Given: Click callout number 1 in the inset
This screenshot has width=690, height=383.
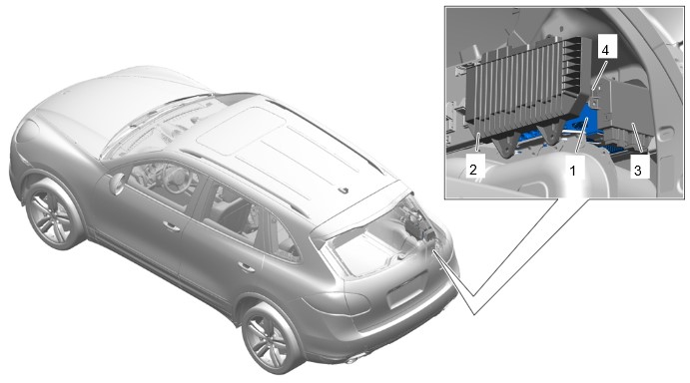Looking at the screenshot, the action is tap(572, 171).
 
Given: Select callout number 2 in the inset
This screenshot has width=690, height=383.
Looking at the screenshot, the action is tap(473, 169).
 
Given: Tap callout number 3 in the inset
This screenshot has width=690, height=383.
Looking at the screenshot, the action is tap(638, 171).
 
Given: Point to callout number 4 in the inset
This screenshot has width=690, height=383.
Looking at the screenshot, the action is tap(605, 50).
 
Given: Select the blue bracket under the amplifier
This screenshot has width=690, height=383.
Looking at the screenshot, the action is tap(582, 123).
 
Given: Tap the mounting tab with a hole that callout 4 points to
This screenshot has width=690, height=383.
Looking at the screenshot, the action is tap(593, 101).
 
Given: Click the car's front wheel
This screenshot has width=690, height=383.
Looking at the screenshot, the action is tap(54, 215).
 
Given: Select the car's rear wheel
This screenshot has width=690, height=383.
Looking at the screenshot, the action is tap(268, 337).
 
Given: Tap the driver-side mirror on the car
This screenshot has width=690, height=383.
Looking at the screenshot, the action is tap(118, 184).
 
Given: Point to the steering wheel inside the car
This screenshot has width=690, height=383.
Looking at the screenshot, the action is tap(174, 180).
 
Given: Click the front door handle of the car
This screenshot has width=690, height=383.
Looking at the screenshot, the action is tap(171, 226).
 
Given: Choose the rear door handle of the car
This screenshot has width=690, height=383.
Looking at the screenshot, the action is tap(246, 266).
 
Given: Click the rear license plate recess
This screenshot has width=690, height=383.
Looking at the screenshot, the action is tap(407, 290).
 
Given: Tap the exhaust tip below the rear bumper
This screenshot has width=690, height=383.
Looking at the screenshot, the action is tap(351, 361).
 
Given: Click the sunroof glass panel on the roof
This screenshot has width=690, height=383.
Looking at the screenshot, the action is tap(241, 130).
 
